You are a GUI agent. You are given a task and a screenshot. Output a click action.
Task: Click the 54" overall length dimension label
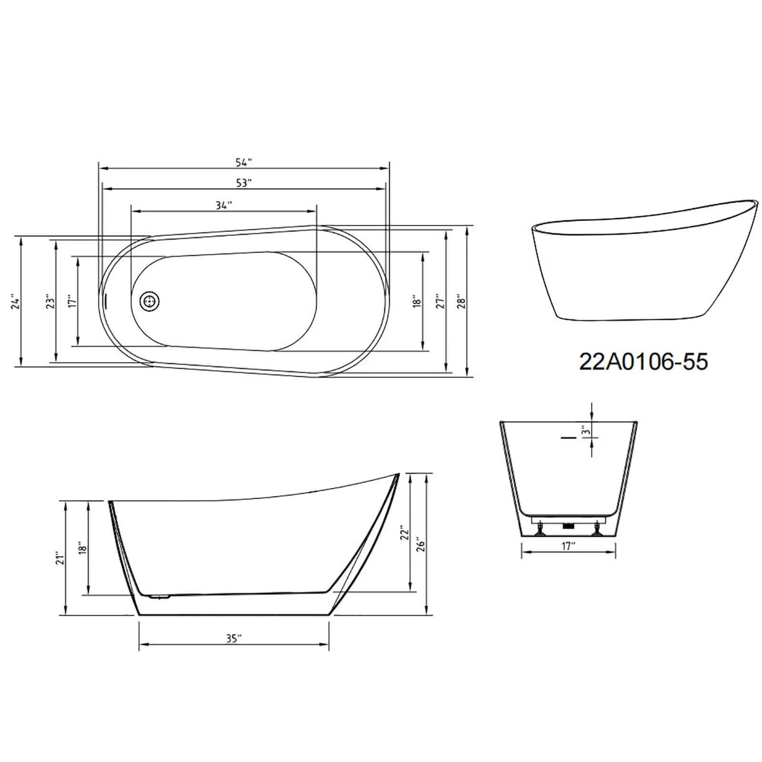click(243, 162)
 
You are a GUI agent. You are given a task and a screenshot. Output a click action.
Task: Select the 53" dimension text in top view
click(243, 183)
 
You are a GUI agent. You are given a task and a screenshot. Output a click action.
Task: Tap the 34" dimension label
click(223, 205)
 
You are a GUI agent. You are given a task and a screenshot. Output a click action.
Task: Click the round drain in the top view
click(150, 301)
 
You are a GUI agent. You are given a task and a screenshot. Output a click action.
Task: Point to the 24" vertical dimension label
click(16, 303)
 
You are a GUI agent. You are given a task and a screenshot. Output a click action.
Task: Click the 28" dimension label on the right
click(461, 301)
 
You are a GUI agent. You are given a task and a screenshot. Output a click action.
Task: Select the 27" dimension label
click(441, 301)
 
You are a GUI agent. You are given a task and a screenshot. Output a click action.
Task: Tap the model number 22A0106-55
click(643, 362)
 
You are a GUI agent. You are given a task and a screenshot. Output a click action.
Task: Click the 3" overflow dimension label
click(586, 431)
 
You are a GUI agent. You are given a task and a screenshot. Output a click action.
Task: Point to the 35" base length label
click(233, 639)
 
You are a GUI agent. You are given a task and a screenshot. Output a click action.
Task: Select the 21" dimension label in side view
click(59, 558)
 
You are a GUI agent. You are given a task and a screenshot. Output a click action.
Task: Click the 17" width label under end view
click(568, 546)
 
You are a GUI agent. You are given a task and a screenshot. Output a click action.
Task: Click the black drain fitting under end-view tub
click(567, 526)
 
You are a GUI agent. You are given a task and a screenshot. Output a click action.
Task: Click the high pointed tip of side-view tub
click(398, 474)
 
